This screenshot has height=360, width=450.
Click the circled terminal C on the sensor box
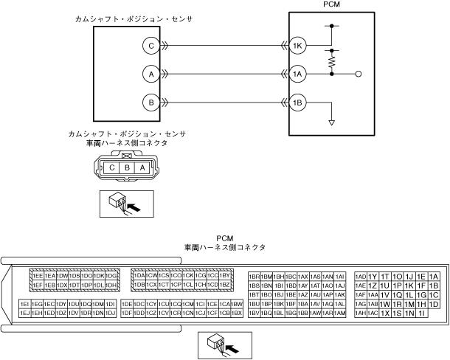pyautogui.click(x=150, y=46)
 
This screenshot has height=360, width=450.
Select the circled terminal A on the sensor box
pyautogui.click(x=150, y=74)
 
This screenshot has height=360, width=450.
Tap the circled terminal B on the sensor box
pyautogui.click(x=150, y=102)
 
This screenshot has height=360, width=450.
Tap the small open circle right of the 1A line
pyautogui.click(x=358, y=74)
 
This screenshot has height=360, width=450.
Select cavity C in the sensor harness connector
pyautogui.click(x=111, y=167)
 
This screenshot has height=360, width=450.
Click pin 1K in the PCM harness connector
pyautogui.click(x=409, y=285)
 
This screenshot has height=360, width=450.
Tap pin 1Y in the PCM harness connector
pyautogui.click(x=373, y=276)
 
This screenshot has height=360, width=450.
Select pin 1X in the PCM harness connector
pyautogui.click(x=385, y=314)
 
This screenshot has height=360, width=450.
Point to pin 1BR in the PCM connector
pyautogui.click(x=255, y=276)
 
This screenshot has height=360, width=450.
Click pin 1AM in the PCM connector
pyautogui.click(x=339, y=314)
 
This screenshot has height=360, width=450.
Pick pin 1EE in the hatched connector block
pyautogui.click(x=38, y=276)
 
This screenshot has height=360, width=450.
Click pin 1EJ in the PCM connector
pyautogui.click(x=25, y=314)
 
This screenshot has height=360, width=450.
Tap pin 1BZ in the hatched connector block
pyautogui.click(x=226, y=285)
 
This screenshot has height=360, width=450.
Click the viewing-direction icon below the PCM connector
pyautogui.click(x=226, y=343)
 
